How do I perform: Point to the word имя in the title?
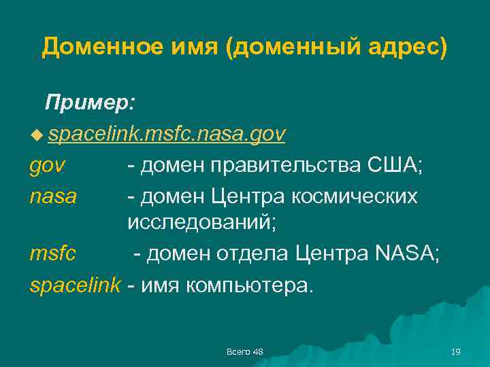tap(201, 47)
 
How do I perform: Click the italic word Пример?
tap(90, 103)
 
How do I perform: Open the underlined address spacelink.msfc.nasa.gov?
tap(167, 134)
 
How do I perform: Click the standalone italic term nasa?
tap(53, 196)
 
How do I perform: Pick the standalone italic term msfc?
tap(53, 254)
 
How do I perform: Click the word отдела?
tap(253, 254)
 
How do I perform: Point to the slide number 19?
tap(456, 351)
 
